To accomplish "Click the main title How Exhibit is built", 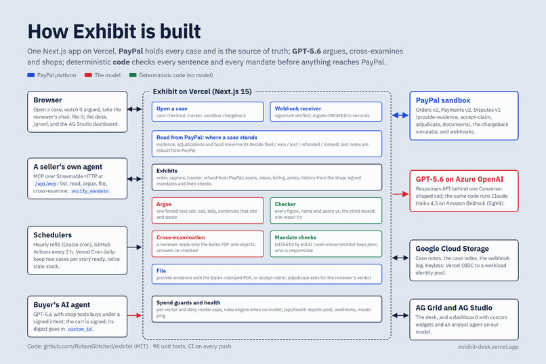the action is tap(114, 31).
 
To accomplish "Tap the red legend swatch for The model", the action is tap(88, 75).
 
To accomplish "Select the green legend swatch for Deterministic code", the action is tap(133, 75).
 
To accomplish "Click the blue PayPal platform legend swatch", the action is tap(31, 75).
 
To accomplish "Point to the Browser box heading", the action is tap(47, 100).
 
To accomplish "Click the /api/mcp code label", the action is tap(45, 184).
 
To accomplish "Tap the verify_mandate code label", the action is tap(90, 191).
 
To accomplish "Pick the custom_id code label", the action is tap(80, 329).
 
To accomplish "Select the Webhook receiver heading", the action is tap(297, 108).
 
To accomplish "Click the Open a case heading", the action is tap(172, 108).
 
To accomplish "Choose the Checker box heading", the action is tap(285, 204).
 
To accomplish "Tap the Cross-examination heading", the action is tap(180, 237).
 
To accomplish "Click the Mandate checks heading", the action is tap(295, 237).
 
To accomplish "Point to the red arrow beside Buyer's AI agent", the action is tap(134, 315).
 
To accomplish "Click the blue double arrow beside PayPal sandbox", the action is tap(400, 115).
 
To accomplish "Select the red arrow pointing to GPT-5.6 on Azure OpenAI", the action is tap(400, 194).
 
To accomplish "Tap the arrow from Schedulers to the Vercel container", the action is tap(134, 247).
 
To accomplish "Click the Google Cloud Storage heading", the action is tap(452, 249).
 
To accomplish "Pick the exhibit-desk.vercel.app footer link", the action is tap(488, 346).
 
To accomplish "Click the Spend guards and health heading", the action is tap(188, 302).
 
